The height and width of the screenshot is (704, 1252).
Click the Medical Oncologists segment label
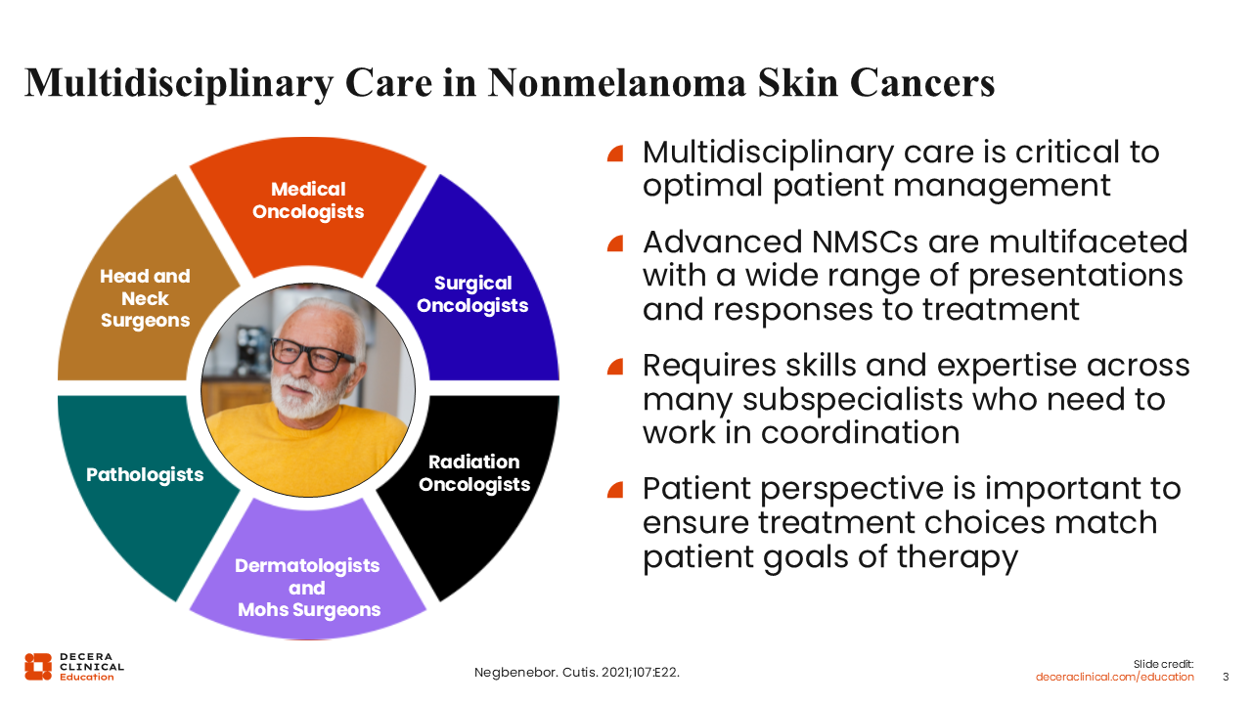pyautogui.click(x=308, y=200)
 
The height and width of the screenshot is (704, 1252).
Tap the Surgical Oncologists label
pyautogui.click(x=472, y=294)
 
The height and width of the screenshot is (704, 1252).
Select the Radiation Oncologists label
pyautogui.click(x=474, y=473)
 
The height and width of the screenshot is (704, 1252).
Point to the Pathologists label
pyautogui.click(x=145, y=475)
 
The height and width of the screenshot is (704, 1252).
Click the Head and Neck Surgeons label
pyautogui.click(x=146, y=298)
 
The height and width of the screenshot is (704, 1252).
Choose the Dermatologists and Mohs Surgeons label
pyautogui.click(x=308, y=588)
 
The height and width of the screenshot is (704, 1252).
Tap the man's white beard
pyautogui.click(x=304, y=397)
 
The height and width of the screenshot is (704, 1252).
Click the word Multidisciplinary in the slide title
pyautogui.click(x=179, y=84)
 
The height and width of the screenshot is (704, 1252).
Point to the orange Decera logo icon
pyautogui.click(x=38, y=667)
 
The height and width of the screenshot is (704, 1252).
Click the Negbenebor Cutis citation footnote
pyautogui.click(x=577, y=672)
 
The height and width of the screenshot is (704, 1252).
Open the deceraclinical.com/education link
pyautogui.click(x=1114, y=678)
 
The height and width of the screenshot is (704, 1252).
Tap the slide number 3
pyautogui.click(x=1226, y=678)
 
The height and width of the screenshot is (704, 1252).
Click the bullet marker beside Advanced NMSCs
pyautogui.click(x=615, y=243)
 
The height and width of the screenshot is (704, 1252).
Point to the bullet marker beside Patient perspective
pyautogui.click(x=615, y=490)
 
